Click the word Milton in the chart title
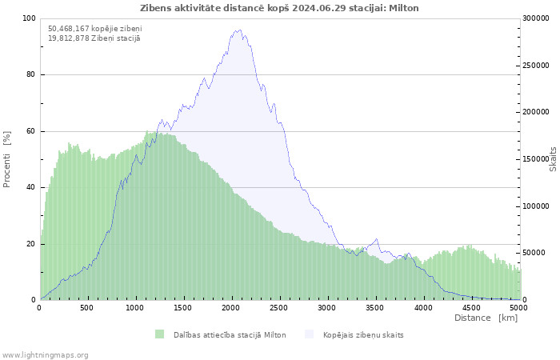click(x=403, y=8)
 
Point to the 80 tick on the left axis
click(x=31, y=74)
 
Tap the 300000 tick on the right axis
click(x=536, y=18)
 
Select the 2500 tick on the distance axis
click(x=278, y=308)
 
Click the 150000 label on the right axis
click(x=536, y=159)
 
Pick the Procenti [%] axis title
click(x=6, y=159)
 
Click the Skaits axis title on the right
click(x=553, y=159)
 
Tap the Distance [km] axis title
click(x=486, y=318)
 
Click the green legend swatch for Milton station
click(x=160, y=334)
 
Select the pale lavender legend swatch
click(x=309, y=334)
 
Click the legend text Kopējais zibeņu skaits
click(x=363, y=335)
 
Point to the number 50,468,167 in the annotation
click(x=69, y=29)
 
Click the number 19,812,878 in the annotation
click(x=69, y=38)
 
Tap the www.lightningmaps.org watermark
click(x=45, y=355)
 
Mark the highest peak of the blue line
click(x=240, y=30)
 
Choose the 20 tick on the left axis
click(x=31, y=244)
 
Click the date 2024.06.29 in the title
click(x=319, y=8)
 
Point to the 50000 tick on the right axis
click(x=534, y=253)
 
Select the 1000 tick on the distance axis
click(x=134, y=308)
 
